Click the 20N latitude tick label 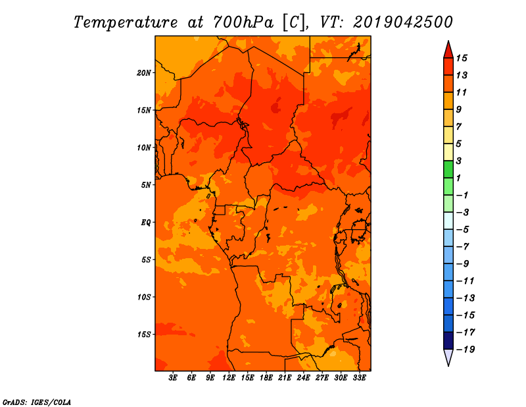pos(143,73)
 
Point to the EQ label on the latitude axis pos(146,223)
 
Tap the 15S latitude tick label pos(143,335)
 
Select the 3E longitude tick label pos(173,377)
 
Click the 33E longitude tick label pos(359,377)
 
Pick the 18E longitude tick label pos(266,377)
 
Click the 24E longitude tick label pos(303,377)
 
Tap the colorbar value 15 pos(462,58)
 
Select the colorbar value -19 pos(466,350)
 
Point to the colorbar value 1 pos(459,178)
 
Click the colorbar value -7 pos(463,246)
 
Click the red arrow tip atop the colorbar pos(448,41)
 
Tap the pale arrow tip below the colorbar pos(448,366)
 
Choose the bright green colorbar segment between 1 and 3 pos(448,169)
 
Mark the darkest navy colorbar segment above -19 pos(448,340)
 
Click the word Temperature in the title pos(126,22)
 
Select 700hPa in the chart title pos(243,22)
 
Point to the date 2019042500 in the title pos(403,22)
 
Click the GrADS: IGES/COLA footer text pos(37,402)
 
